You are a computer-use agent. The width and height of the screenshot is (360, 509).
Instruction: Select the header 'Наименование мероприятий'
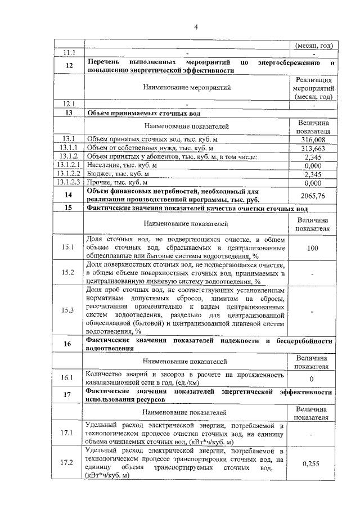coord(186,87)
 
